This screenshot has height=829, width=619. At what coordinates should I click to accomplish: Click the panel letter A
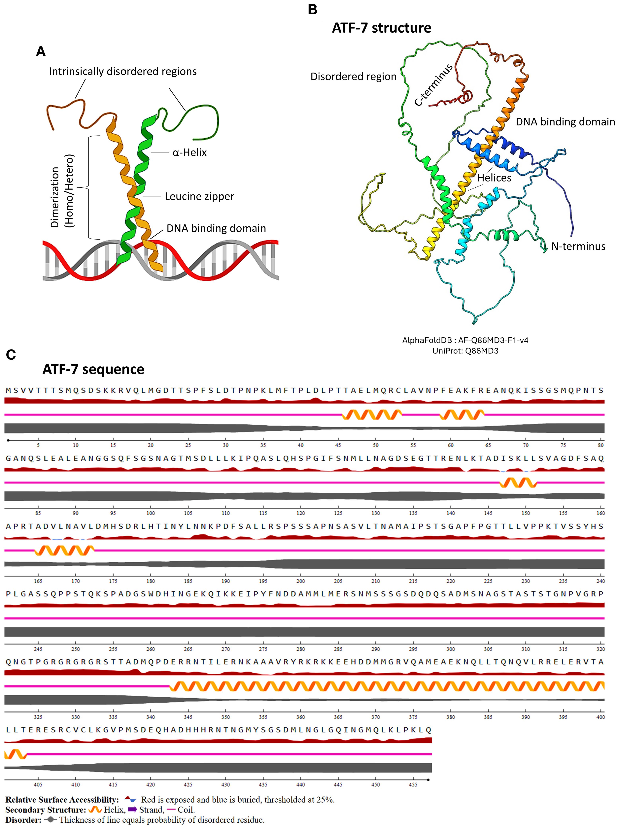point(41,51)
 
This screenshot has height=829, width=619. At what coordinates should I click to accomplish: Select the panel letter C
point(11,354)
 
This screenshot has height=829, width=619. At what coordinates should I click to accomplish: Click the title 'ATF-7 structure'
point(381,28)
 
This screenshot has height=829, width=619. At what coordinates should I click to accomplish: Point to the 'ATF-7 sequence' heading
point(93,369)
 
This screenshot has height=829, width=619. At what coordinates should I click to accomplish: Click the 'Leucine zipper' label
point(199,196)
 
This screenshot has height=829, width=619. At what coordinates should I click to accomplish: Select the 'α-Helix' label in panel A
point(189,152)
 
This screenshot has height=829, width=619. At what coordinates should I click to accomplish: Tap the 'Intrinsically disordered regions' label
point(122,72)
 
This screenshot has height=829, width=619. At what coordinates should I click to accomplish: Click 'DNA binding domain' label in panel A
point(216,228)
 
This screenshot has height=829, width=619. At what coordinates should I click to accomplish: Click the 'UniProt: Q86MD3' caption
point(465,351)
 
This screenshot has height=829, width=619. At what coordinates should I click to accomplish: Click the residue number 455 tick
point(413,784)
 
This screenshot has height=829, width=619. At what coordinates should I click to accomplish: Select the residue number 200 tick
point(300,581)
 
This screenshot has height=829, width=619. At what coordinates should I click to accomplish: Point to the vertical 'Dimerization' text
point(55,197)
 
